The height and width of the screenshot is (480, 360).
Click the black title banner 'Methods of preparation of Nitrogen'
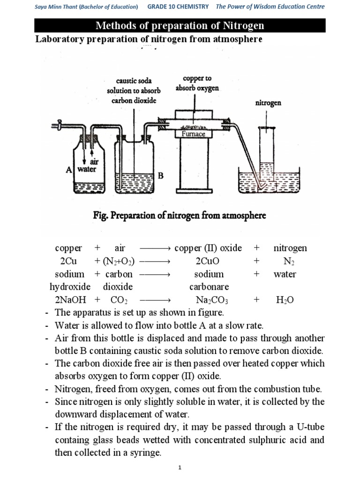click(180, 25)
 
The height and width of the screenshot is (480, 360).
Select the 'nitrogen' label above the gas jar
click(268, 103)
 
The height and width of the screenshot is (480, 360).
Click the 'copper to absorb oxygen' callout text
click(197, 83)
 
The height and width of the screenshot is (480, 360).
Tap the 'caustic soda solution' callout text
click(134, 90)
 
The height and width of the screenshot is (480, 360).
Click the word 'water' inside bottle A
click(87, 169)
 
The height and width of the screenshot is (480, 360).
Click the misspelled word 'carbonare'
click(207, 287)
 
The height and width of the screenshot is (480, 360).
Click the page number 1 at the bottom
click(180, 468)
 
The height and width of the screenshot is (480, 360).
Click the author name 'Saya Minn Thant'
click(56, 7)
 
